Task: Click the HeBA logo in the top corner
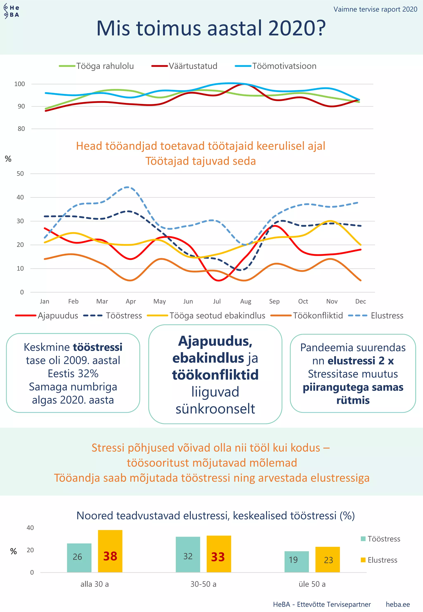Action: pyautogui.click(x=11, y=11)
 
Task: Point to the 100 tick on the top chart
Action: pyautogui.click(x=20, y=84)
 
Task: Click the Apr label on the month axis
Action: pyautogui.click(x=131, y=302)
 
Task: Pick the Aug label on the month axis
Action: pyautogui.click(x=246, y=302)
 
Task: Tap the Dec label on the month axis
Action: pyautogui.click(x=360, y=302)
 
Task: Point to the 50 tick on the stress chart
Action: pyautogui.click(x=20, y=174)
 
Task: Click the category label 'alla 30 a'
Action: pyautogui.click(x=95, y=584)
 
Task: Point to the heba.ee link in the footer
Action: pyautogui.click(x=398, y=604)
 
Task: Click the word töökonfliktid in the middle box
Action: pyautogui.click(x=215, y=375)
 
